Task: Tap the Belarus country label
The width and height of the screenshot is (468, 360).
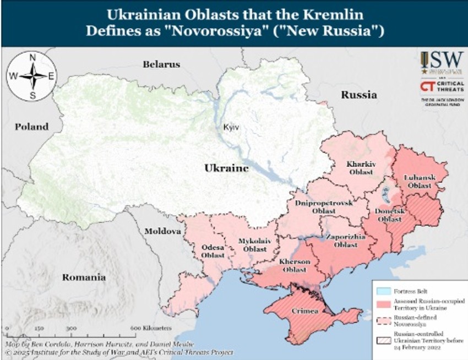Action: (161, 64)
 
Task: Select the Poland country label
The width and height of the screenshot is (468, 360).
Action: (31, 127)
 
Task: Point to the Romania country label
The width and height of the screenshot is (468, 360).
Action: (83, 277)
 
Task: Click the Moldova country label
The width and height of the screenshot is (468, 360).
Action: (162, 231)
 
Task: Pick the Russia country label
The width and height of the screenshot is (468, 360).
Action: (358, 95)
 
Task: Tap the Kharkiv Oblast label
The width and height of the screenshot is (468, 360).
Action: (361, 168)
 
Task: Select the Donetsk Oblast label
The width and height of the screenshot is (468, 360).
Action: (389, 215)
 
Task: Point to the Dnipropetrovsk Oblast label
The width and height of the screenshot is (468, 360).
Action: (323, 207)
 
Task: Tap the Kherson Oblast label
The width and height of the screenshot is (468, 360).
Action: (296, 265)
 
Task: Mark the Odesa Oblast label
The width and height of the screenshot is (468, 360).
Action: (212, 251)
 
